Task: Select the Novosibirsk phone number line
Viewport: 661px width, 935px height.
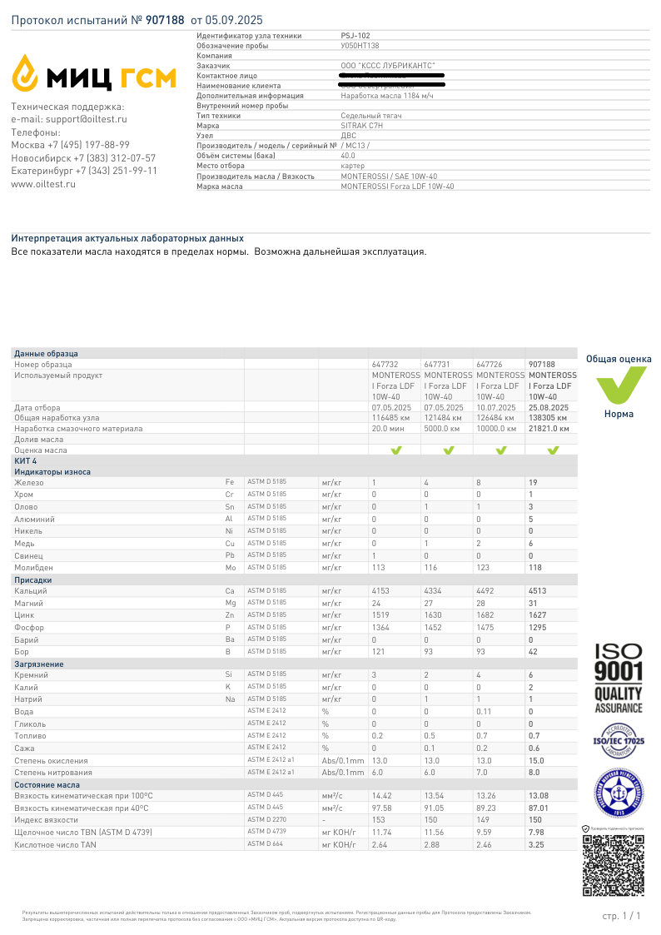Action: pyautogui.click(x=83, y=158)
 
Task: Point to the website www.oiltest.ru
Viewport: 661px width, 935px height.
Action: pyautogui.click(x=43, y=184)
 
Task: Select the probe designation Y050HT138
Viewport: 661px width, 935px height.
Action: pyautogui.click(x=360, y=46)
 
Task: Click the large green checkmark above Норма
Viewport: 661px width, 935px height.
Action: pyautogui.click(x=619, y=385)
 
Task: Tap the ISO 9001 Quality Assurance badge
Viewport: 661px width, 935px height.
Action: pyautogui.click(x=618, y=677)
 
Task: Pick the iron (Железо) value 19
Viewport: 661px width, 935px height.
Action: pyautogui.click(x=533, y=482)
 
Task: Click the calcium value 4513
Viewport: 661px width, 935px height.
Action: pyautogui.click(x=538, y=591)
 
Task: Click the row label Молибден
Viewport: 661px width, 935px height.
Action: pyautogui.click(x=33, y=567)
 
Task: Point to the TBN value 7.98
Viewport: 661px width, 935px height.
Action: pyautogui.click(x=537, y=832)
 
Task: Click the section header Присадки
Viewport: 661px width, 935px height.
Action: pyautogui.click(x=32, y=579)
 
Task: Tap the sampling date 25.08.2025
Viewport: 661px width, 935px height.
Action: pyautogui.click(x=549, y=408)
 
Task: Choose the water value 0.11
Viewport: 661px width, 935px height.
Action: pyautogui.click(x=484, y=712)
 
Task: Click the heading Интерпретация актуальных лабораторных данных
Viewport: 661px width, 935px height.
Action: pyautogui.click(x=127, y=238)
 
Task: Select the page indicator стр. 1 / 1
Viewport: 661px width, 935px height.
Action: pyautogui.click(x=621, y=916)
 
